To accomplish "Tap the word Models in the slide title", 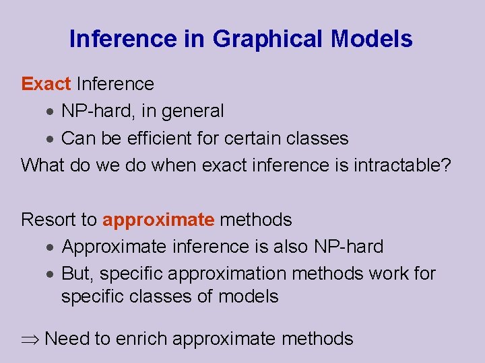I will pyautogui.click(x=372, y=39).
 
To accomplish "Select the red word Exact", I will pyautogui.click(x=46, y=84).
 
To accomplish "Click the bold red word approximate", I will pyautogui.click(x=158, y=220).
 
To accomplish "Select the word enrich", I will pyautogui.click(x=142, y=338).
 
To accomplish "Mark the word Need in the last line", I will pyautogui.click(x=67, y=338).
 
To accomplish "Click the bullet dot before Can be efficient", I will pyautogui.click(x=51, y=139).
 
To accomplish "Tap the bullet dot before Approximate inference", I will pyautogui.click(x=51, y=247).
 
